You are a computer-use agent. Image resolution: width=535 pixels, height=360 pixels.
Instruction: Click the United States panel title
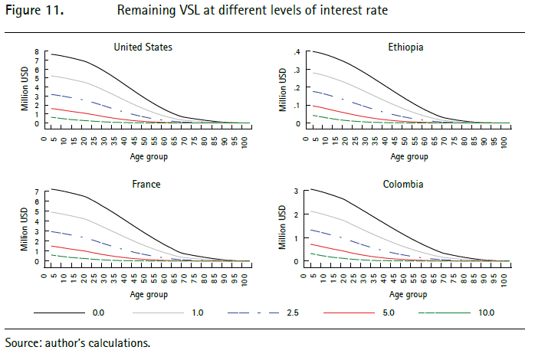pos(143,47)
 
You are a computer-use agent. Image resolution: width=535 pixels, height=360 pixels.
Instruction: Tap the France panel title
pos(143,185)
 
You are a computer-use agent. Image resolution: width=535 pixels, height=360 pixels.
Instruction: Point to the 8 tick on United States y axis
pos(35,51)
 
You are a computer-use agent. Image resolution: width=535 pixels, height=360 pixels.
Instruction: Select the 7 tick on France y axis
pos(35,190)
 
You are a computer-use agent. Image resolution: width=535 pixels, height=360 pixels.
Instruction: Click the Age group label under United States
pos(143,156)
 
